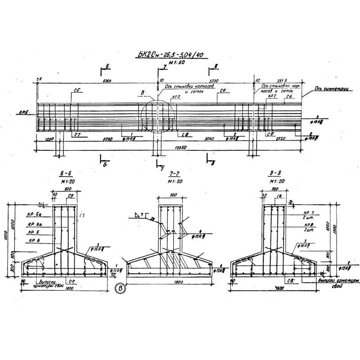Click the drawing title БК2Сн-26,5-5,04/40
tap(169, 55)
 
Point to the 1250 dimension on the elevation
tap(49, 139)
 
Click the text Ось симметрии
tap(332, 88)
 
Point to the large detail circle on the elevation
tap(156, 117)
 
